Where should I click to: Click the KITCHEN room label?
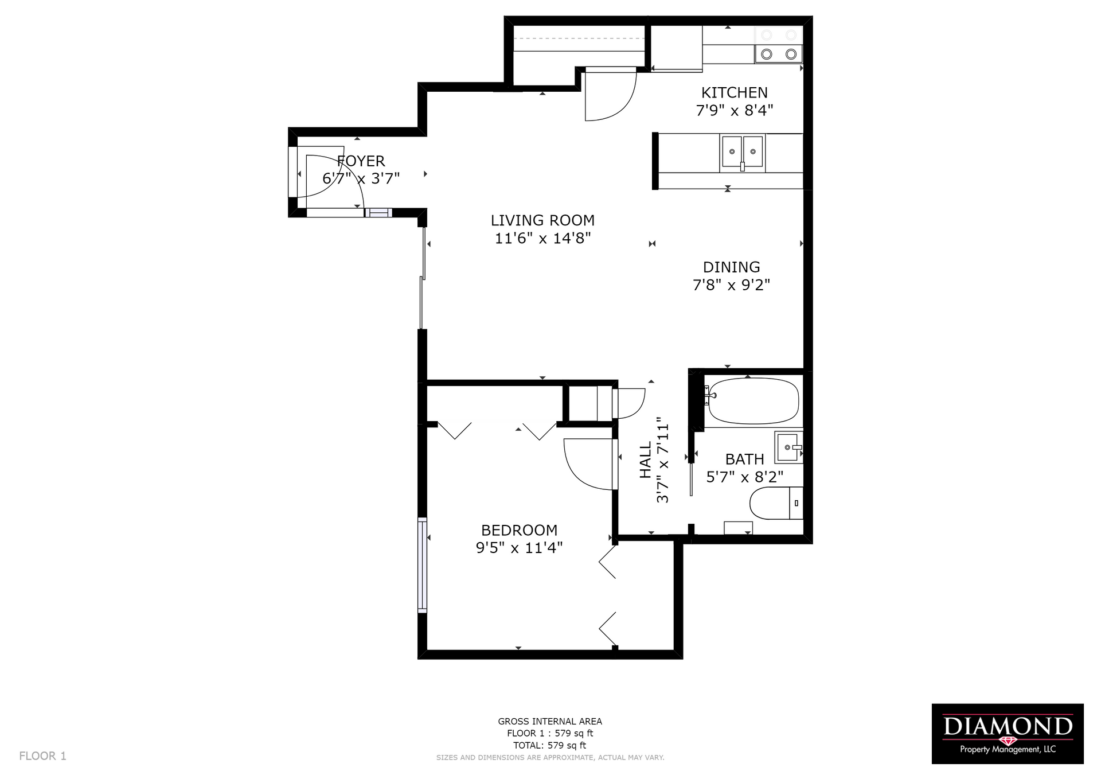pyautogui.click(x=735, y=92)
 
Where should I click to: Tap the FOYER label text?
pyautogui.click(x=361, y=161)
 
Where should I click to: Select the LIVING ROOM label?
pyautogui.click(x=542, y=220)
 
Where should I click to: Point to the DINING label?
pyautogui.click(x=732, y=267)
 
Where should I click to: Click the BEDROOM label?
pyautogui.click(x=519, y=530)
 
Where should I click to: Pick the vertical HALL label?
pyautogui.click(x=646, y=459)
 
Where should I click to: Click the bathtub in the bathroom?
pyautogui.click(x=753, y=400)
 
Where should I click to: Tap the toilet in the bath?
pyautogui.click(x=776, y=503)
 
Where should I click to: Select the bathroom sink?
pyautogui.click(x=788, y=447)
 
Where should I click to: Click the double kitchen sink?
pyautogui.click(x=742, y=153)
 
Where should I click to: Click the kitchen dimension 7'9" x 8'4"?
pyautogui.click(x=735, y=110)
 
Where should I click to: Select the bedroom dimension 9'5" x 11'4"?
pyautogui.click(x=519, y=548)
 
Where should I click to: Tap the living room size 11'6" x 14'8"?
pyautogui.click(x=542, y=238)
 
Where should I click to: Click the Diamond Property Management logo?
pyautogui.click(x=1008, y=734)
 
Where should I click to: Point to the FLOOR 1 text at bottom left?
pyautogui.click(x=43, y=756)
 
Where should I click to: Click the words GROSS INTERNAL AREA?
pyautogui.click(x=550, y=722)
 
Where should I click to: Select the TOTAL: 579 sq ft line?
pyautogui.click(x=550, y=746)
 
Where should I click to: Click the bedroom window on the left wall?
pyautogui.click(x=422, y=565)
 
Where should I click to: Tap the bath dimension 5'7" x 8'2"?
pyautogui.click(x=745, y=477)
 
